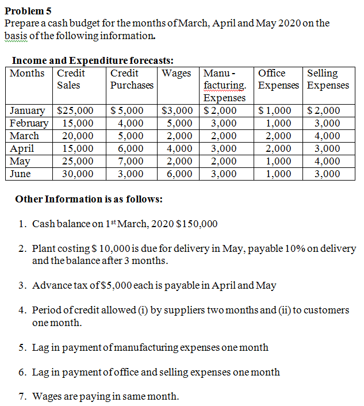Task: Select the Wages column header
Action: point(177,74)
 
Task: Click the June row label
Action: point(20,174)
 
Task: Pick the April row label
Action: point(22,148)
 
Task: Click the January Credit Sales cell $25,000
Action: point(76,111)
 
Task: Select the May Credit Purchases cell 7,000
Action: point(131,161)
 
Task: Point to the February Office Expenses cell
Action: point(279,123)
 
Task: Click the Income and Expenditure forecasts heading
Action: point(93,60)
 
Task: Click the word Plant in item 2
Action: point(44,249)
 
